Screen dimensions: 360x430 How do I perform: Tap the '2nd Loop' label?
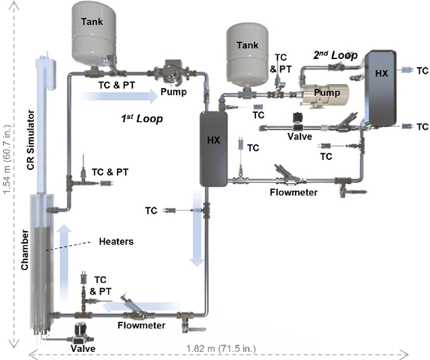click(x=334, y=54)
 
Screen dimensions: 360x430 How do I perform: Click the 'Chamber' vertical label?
click(x=25, y=249)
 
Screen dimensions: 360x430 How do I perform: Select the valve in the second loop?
click(x=296, y=124)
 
